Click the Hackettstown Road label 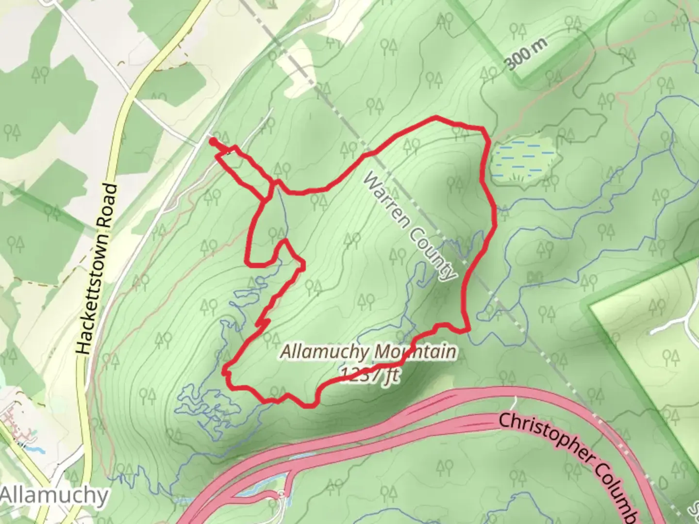click(97, 268)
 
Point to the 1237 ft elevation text click(370, 374)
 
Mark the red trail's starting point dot click(213, 141)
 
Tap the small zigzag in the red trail click(263, 322)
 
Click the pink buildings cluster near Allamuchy click(19, 422)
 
